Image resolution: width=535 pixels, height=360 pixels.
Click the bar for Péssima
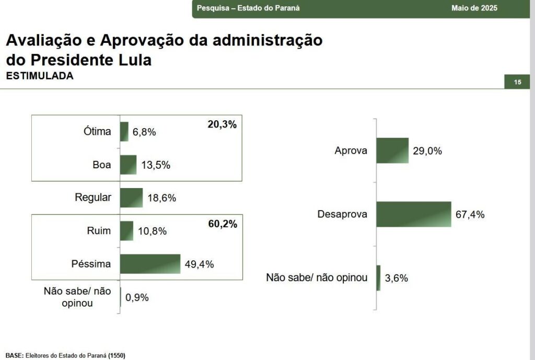[150, 264]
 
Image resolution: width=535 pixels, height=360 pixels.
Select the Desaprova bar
[413, 214]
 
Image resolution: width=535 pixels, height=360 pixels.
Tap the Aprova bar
[392, 151]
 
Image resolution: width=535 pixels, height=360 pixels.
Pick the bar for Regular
[131, 198]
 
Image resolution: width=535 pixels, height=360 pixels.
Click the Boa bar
[128, 165]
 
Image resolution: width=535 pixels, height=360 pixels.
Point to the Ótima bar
[124, 132]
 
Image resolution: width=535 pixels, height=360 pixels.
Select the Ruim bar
[126, 231]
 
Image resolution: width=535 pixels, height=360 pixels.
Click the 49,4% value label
[200, 264]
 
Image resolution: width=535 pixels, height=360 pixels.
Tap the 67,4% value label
[470, 215]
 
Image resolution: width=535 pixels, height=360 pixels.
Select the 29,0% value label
[427, 152]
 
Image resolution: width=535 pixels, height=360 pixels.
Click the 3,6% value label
[397, 278]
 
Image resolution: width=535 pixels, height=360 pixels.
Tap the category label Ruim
[99, 230]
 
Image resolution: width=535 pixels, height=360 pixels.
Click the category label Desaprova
[342, 214]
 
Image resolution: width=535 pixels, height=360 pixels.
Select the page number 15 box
[517, 82]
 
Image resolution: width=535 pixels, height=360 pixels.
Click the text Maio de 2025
[474, 8]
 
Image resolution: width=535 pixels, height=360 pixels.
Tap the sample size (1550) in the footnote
[117, 355]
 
